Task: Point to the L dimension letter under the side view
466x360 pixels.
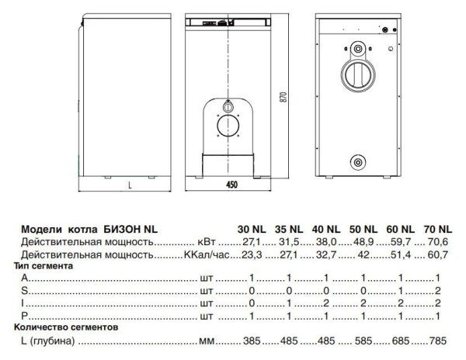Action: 130,185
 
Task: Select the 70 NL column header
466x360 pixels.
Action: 437,229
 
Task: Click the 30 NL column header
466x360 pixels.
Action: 251,229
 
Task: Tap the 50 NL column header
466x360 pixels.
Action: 363,229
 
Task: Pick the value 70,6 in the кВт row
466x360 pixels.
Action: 439,241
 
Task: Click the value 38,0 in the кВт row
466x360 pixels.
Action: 327,241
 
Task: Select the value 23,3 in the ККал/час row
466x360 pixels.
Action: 252,254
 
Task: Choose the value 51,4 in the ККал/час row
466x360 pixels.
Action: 402,254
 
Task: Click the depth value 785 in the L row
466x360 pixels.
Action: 439,341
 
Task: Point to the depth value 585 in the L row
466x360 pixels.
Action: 364,341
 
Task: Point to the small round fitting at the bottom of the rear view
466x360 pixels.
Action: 358,161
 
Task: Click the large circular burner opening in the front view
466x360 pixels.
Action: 229,127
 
